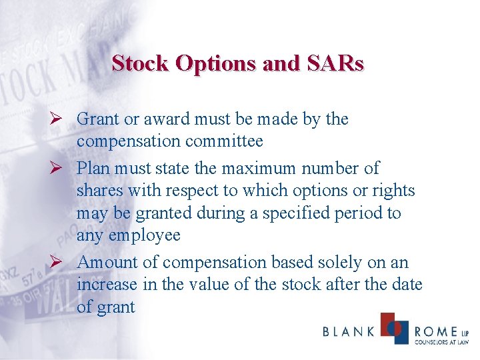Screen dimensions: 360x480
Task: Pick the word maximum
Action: point(251,167)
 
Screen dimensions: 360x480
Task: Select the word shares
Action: point(100,191)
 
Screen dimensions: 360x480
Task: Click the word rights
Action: point(394,191)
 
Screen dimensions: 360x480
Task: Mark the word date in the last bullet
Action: point(407,285)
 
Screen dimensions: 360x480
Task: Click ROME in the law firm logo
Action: point(436,331)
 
